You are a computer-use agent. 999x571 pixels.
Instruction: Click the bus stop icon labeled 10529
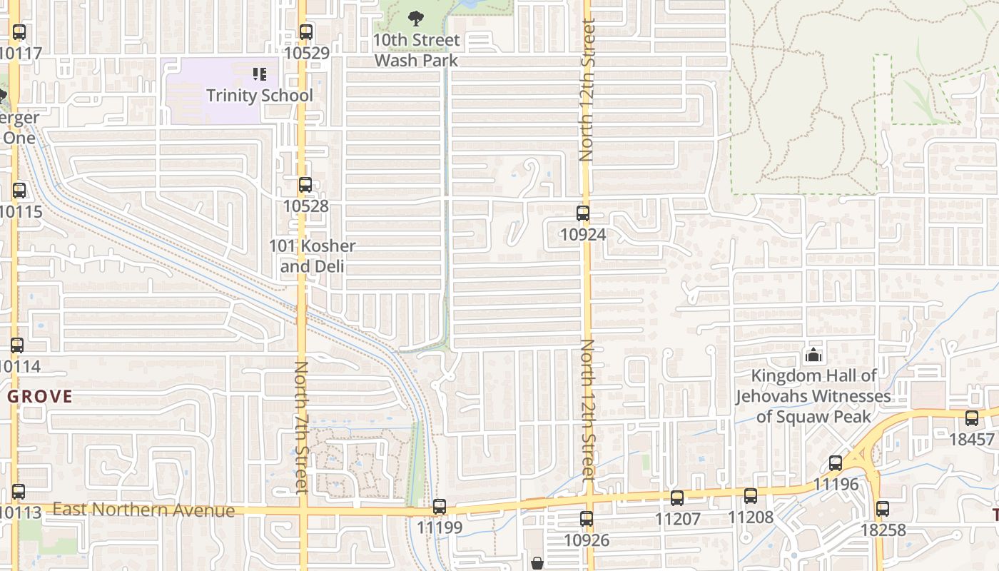tap(306, 32)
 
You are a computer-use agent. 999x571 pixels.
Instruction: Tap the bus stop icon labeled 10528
tap(305, 185)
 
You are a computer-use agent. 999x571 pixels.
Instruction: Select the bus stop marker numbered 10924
tap(583, 213)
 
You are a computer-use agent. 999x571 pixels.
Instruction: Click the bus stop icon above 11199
tap(440, 507)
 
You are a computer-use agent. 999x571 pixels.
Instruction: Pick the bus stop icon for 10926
tap(587, 519)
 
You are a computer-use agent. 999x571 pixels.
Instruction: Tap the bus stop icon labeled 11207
tap(677, 497)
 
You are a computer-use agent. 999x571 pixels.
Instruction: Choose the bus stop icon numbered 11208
tap(751, 496)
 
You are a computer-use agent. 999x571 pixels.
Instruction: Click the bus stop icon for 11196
tap(836, 463)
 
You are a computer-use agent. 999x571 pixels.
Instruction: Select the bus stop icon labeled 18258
tap(883, 509)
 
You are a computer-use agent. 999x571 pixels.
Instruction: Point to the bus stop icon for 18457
tap(972, 418)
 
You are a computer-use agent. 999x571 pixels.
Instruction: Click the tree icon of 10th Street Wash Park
tap(416, 19)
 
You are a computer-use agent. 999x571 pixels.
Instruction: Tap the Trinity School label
tap(260, 96)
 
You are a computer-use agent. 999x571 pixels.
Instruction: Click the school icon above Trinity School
tap(260, 74)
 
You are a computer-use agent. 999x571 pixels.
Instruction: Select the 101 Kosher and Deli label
tap(312, 256)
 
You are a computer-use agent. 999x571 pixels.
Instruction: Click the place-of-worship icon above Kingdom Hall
tap(813, 355)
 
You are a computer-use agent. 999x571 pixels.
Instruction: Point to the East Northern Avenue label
tap(143, 510)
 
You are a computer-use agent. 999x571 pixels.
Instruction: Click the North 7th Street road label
tap(301, 427)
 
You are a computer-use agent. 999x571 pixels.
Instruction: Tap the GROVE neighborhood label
tap(40, 397)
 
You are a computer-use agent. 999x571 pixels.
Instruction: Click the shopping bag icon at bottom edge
tap(537, 564)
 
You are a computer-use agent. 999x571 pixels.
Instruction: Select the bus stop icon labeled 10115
tap(19, 191)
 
